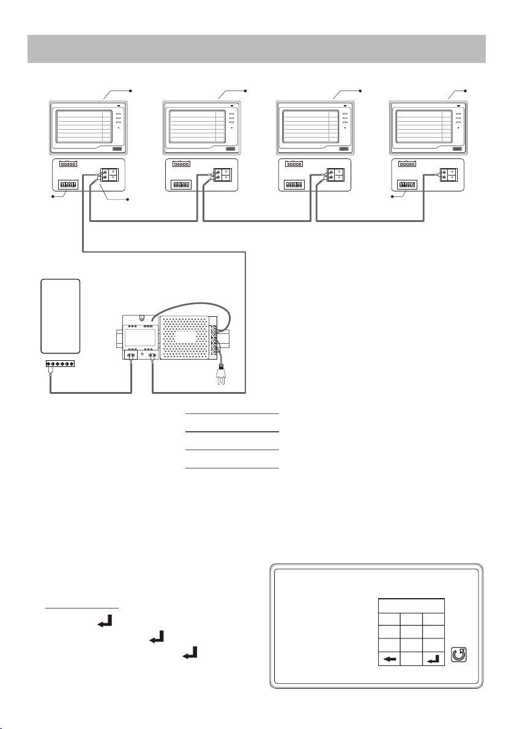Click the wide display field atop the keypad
pos(411,606)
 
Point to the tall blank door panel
pos(61,316)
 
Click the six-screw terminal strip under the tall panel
pos(61,365)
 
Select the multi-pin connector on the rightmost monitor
pos(407,164)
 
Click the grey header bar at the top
pos(257,48)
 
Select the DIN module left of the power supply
pos(140,337)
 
